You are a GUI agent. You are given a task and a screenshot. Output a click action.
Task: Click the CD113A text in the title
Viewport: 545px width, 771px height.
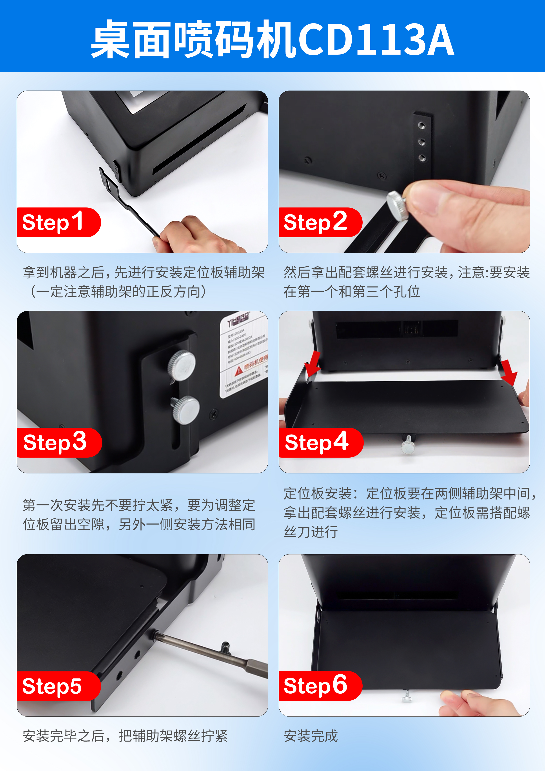tap(376, 40)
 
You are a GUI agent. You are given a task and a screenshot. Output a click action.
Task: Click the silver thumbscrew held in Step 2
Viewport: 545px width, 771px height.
tap(397, 205)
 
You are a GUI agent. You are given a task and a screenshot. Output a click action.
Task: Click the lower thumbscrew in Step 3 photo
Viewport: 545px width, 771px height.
tap(186, 409)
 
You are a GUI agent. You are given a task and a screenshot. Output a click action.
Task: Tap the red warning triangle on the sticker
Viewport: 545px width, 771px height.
tap(239, 370)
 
